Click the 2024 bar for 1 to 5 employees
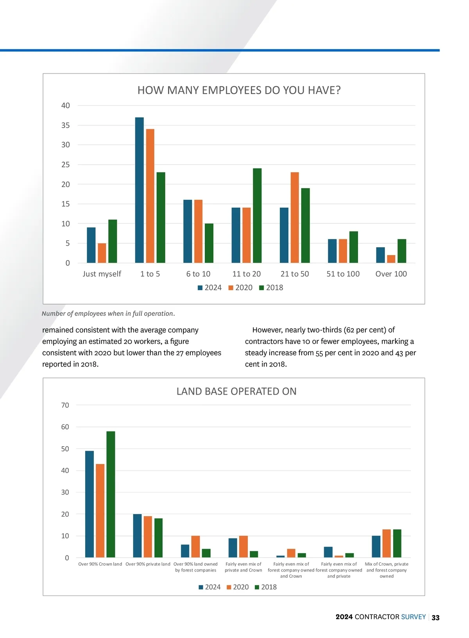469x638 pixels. click(x=139, y=190)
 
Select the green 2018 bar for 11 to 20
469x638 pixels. click(x=257, y=216)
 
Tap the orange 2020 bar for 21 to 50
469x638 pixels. click(x=295, y=217)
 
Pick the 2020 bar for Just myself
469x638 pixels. click(x=102, y=253)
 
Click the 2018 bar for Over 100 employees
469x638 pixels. click(x=402, y=251)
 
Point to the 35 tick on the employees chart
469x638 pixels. click(x=66, y=126)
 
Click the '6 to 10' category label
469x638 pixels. click(x=198, y=274)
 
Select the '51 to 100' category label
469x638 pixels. click(x=343, y=274)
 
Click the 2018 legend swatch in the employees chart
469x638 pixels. click(x=262, y=288)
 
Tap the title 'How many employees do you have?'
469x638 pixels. click(x=239, y=90)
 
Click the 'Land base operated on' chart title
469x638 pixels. click(x=236, y=392)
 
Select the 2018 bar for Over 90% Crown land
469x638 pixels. click(x=111, y=494)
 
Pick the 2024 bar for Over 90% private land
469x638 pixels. click(x=137, y=536)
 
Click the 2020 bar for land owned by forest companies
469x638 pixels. click(x=195, y=546)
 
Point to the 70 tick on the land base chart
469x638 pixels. click(x=65, y=405)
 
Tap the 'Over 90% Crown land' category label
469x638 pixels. click(x=100, y=564)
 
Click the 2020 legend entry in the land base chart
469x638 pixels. click(x=238, y=587)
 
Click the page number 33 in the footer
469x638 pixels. click(x=435, y=618)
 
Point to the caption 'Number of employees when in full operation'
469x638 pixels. click(x=108, y=314)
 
